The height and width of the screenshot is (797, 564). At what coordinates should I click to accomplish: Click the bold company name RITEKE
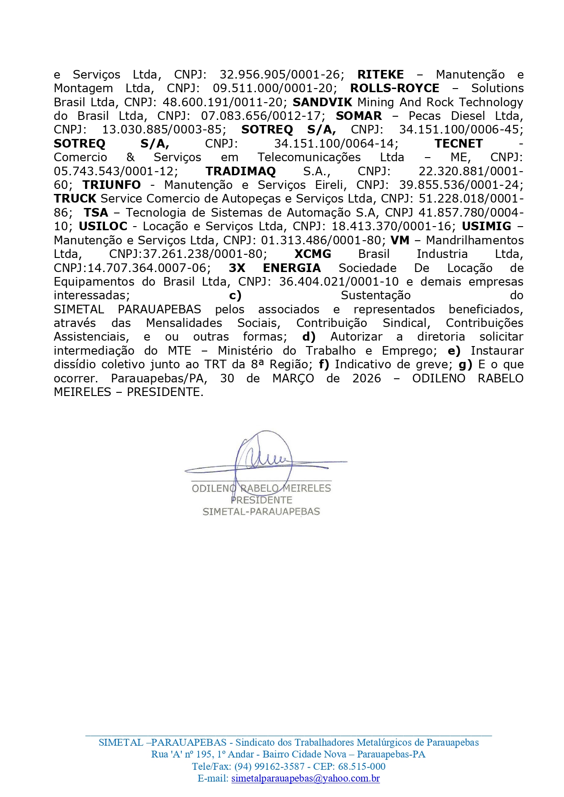(x=380, y=74)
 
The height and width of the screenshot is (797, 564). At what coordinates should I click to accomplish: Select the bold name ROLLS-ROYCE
(x=394, y=88)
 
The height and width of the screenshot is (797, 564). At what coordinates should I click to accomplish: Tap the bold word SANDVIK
(x=322, y=102)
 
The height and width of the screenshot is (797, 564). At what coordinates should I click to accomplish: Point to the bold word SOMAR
(x=359, y=116)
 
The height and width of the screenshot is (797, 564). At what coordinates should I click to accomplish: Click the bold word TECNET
(x=459, y=144)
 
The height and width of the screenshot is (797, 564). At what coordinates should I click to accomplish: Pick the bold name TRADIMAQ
(x=240, y=171)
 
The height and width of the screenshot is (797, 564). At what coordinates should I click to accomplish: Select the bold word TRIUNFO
(x=111, y=185)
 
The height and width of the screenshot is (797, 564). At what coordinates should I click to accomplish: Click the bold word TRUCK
(x=75, y=198)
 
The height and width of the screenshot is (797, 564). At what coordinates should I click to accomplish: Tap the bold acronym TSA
(x=96, y=213)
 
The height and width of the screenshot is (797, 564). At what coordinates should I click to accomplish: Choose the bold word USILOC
(x=103, y=226)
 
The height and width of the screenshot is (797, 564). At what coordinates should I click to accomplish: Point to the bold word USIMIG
(x=486, y=226)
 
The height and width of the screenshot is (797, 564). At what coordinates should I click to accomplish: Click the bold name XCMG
(x=313, y=254)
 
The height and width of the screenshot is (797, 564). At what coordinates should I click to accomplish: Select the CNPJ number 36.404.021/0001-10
(x=339, y=282)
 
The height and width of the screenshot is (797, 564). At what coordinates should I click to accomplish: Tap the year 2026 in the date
(x=366, y=378)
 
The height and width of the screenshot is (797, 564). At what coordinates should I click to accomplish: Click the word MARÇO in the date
(x=293, y=378)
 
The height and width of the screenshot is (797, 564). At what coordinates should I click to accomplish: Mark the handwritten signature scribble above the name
(x=264, y=459)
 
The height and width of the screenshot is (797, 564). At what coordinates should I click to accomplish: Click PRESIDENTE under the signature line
(x=261, y=500)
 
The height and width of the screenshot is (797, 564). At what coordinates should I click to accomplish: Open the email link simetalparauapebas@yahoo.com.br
(x=305, y=778)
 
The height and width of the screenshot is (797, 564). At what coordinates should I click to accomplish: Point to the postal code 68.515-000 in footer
(x=362, y=766)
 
